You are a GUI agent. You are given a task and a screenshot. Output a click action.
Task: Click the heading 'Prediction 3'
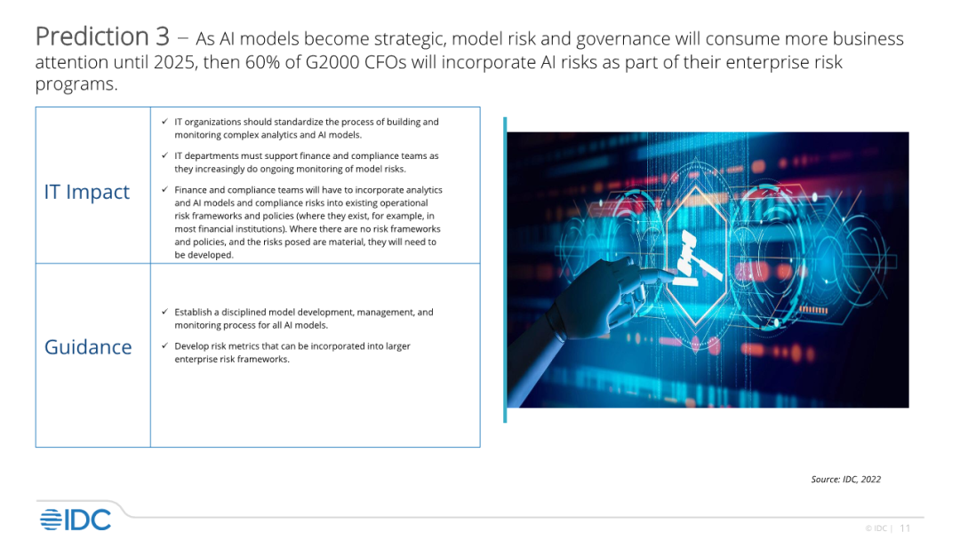coord(102,36)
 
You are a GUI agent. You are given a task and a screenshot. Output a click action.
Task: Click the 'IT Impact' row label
coord(87,192)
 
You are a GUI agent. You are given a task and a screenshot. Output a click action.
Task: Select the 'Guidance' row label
coord(88,347)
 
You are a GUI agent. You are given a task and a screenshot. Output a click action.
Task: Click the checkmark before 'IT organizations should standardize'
coord(164,122)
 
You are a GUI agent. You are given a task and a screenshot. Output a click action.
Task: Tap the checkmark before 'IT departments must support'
coord(164,155)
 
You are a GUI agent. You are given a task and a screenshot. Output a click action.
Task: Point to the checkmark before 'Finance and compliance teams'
coord(164,189)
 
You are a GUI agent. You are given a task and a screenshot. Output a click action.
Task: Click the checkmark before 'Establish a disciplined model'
coord(164,312)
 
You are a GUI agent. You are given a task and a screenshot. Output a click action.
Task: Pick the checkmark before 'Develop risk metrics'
coord(164,345)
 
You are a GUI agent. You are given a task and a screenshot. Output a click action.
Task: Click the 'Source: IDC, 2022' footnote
coord(845,480)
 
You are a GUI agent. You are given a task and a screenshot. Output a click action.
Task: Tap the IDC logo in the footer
coord(76,520)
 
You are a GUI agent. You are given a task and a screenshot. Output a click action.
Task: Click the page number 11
coord(905,528)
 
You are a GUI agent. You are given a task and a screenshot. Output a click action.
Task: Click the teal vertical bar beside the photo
coord(505,270)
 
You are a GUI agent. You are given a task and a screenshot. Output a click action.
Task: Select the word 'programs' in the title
coord(74,84)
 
